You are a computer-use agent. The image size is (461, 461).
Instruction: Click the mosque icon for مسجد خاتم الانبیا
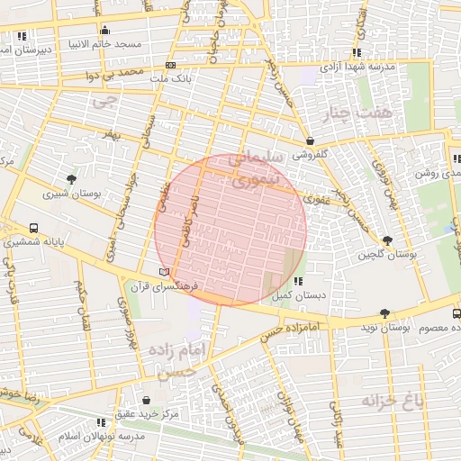coord(105,29)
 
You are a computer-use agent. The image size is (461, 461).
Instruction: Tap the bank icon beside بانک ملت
coord(170,65)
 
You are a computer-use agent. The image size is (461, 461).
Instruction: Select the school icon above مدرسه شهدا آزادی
coord(357,52)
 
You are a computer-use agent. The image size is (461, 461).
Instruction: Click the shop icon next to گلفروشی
coord(310,140)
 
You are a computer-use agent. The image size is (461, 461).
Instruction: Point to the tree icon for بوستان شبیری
coord(71,178)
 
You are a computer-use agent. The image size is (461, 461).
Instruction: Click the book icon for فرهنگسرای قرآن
coord(163,271)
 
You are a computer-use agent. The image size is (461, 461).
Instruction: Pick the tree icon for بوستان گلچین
coord(386,240)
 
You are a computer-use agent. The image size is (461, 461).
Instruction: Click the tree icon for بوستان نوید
coord(385,314)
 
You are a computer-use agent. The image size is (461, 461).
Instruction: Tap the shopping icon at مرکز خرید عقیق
coord(147,399)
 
